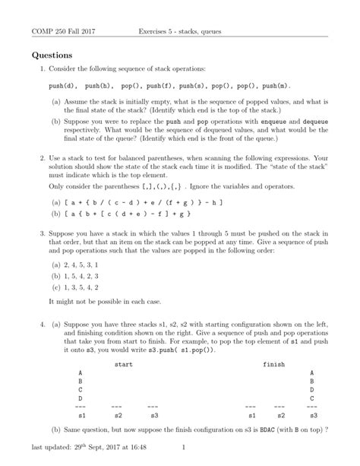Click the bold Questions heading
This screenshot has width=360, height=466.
pyautogui.click(x=52, y=55)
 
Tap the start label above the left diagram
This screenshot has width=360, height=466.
pyautogui.click(x=123, y=364)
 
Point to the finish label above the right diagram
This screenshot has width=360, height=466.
pyautogui.click(x=273, y=364)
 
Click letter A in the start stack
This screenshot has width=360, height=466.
pyautogui.click(x=81, y=372)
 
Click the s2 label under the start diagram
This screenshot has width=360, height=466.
pyautogui.click(x=118, y=416)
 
